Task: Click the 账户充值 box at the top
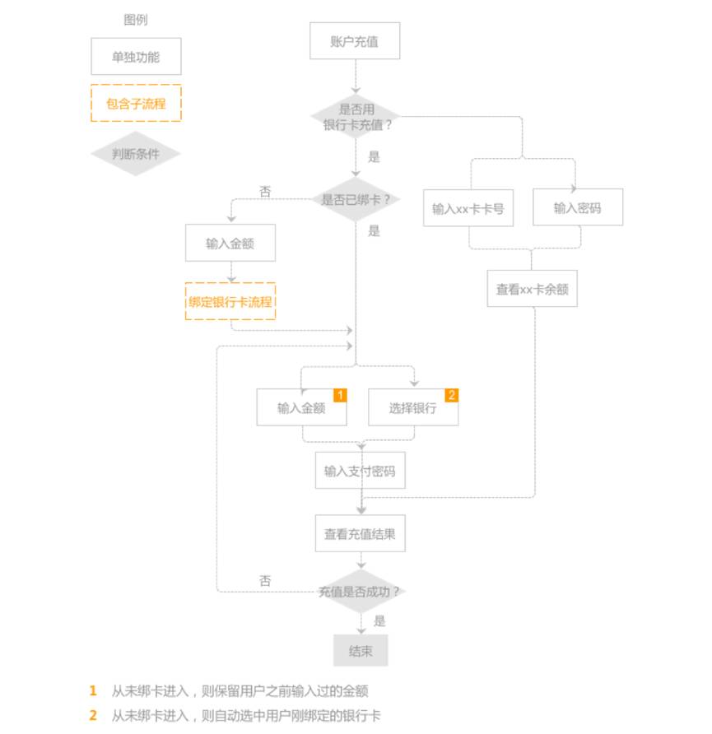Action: point(355,40)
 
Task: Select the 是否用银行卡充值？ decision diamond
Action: point(356,116)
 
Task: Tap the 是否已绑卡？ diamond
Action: point(356,199)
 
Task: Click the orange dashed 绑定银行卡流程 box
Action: point(230,301)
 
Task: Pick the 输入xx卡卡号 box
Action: point(468,208)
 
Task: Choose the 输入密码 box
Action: point(578,207)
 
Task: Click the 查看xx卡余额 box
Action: point(532,288)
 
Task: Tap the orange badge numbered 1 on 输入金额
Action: point(340,395)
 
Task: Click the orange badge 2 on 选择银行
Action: point(452,395)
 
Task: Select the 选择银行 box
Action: point(413,407)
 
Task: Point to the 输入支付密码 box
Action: point(360,471)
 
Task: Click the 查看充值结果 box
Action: point(360,534)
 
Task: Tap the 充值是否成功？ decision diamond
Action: point(360,591)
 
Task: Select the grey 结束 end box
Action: point(361,651)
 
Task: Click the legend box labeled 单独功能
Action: point(136,56)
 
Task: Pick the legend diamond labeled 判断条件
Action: point(136,154)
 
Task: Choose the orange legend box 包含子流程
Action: point(136,103)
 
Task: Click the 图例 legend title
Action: point(136,20)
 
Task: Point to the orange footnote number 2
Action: point(93,715)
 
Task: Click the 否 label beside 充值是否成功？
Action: point(265,581)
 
